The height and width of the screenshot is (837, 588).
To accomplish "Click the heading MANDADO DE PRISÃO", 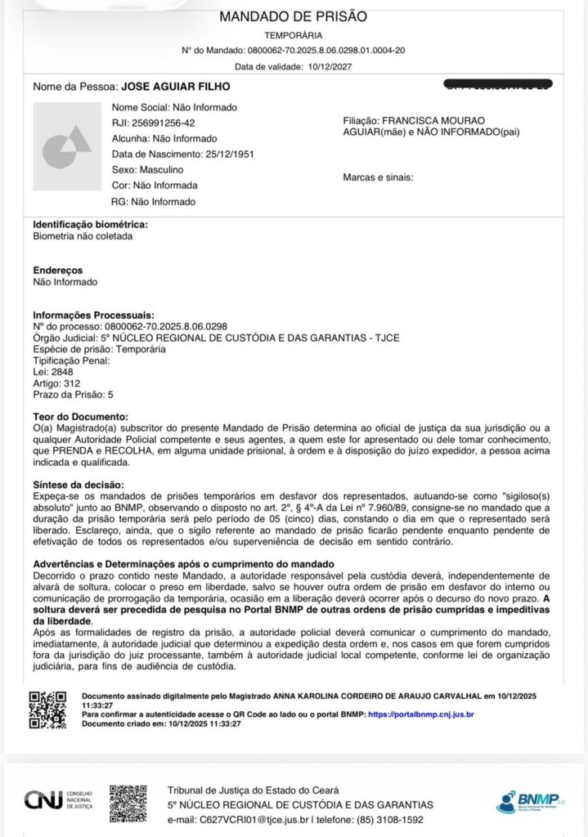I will coord(294,16).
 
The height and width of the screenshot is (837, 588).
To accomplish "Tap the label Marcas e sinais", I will coord(379,177).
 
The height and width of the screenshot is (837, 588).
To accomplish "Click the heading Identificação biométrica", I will coord(90,224).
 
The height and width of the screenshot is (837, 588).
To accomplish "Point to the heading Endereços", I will coord(57,270).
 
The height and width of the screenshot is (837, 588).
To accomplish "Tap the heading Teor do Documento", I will coord(80,417).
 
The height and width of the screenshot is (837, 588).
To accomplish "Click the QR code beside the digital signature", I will coord(47,709).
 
